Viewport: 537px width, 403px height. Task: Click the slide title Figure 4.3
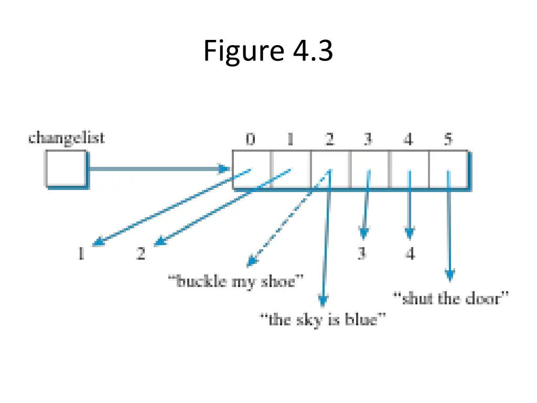[268, 51]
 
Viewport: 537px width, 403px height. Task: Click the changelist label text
[67, 138]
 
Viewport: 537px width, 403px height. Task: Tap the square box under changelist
[65, 168]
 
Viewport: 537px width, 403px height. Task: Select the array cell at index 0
[252, 169]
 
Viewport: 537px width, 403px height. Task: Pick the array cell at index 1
[291, 169]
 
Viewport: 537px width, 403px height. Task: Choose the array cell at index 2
[330, 169]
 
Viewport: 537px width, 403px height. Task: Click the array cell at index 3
[370, 169]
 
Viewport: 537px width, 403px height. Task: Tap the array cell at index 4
[409, 169]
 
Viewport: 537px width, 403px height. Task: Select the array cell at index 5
[448, 169]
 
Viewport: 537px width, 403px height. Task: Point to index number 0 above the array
[251, 140]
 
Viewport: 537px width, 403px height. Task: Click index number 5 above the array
[448, 140]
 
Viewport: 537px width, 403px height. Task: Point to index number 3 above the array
[369, 140]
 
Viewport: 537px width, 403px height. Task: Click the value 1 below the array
[81, 254]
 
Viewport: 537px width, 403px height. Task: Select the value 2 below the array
[141, 254]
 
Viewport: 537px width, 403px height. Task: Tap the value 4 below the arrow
[410, 254]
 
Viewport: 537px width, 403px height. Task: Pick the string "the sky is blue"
[324, 319]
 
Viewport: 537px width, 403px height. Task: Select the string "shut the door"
[451, 299]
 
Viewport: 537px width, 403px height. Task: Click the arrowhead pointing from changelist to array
[224, 169]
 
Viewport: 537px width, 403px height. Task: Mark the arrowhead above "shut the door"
[449, 275]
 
